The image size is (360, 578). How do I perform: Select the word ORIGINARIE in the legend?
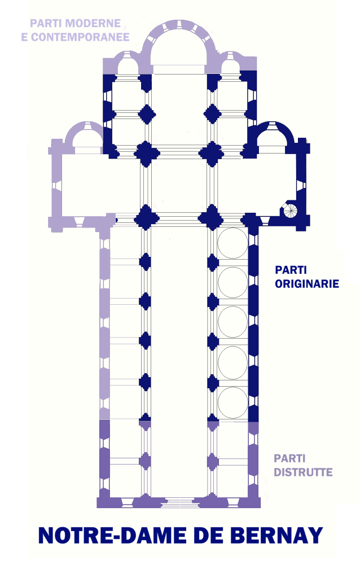coord(307,283)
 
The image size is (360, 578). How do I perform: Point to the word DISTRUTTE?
coord(303,472)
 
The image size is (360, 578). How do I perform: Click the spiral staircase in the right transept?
coord(290,210)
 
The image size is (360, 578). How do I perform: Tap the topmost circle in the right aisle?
coord(232,243)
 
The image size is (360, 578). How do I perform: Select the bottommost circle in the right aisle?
coord(232,402)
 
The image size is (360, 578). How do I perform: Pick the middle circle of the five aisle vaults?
coord(232,322)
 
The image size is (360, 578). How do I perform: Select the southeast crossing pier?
coord(212,218)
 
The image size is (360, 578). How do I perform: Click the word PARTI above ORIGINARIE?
coord(291,270)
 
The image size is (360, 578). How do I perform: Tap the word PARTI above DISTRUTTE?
coord(289,458)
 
